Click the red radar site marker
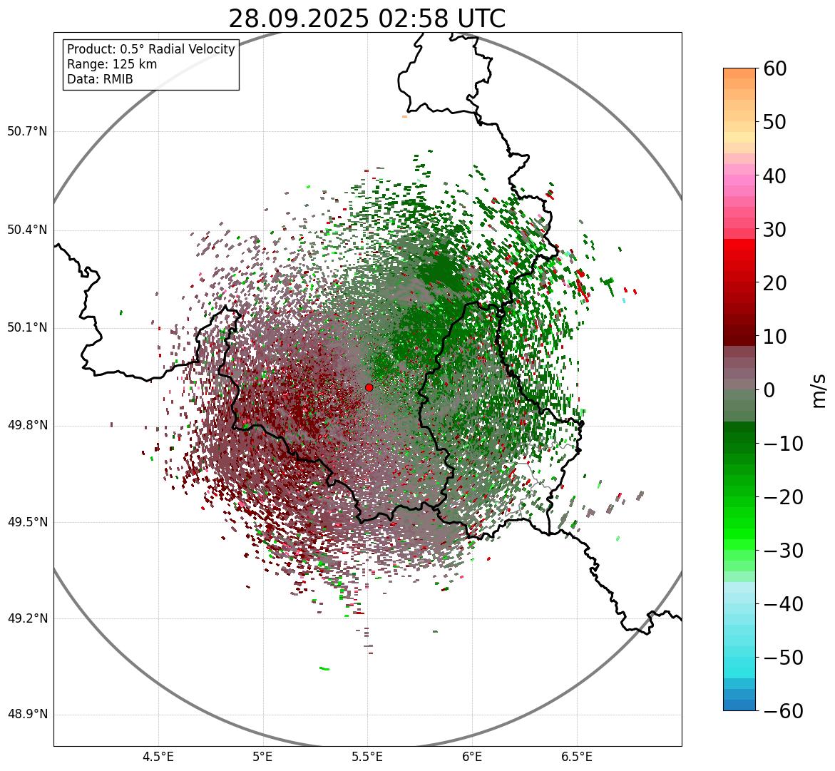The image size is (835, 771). point(369,387)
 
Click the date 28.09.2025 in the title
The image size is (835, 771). point(299,19)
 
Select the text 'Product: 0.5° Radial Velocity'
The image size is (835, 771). point(150,49)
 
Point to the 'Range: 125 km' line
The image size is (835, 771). point(112,64)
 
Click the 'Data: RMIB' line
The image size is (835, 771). point(100,79)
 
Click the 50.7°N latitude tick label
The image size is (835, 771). point(27,131)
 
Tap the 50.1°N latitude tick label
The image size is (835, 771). point(27,328)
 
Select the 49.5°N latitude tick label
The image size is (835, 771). point(27,522)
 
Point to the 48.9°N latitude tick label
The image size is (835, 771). point(27,715)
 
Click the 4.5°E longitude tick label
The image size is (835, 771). point(158,757)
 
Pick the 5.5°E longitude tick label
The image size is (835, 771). point(367,757)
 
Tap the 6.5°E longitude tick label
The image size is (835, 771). point(576,757)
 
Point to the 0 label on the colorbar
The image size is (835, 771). point(770,390)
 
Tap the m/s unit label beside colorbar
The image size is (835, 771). point(820,390)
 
